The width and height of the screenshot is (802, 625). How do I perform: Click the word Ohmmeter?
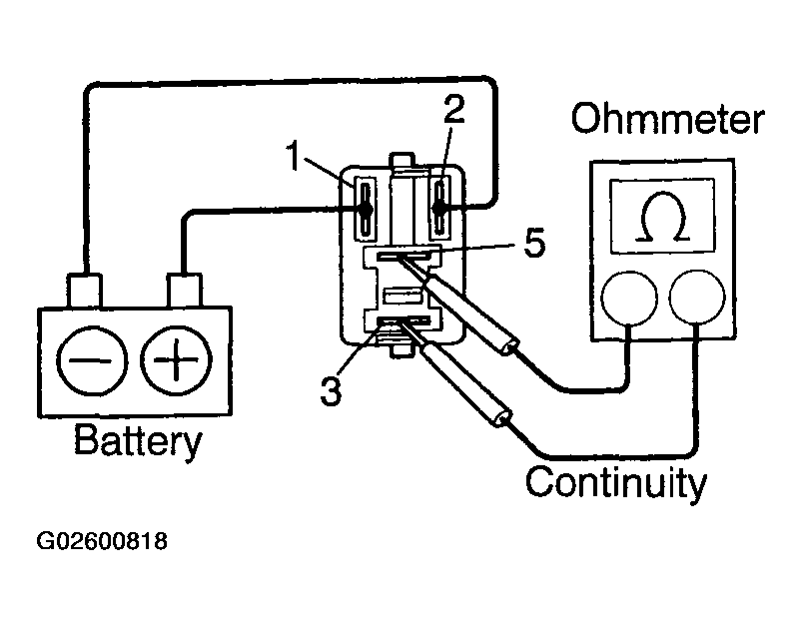click(x=667, y=119)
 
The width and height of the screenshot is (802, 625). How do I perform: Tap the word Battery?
click(x=138, y=441)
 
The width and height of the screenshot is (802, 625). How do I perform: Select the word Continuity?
click(x=616, y=483)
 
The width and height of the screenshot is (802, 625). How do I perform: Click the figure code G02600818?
click(x=102, y=541)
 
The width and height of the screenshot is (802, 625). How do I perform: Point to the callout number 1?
click(x=293, y=156)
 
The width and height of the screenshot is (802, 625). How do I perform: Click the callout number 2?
click(x=453, y=109)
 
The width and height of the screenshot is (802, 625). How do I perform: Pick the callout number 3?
click(x=331, y=391)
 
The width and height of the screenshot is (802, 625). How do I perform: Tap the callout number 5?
click(x=534, y=242)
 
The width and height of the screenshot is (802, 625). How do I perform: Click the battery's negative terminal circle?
click(x=92, y=360)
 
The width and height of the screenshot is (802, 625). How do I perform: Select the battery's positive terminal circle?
click(x=176, y=360)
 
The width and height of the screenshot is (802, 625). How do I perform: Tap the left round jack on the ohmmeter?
click(x=628, y=299)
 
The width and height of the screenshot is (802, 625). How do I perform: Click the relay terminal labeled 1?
click(x=366, y=208)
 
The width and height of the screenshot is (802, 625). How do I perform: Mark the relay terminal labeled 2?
click(x=439, y=208)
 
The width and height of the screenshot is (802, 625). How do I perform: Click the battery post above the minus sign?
click(x=84, y=290)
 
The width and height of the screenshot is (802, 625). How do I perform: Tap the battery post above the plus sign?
click(x=184, y=290)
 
